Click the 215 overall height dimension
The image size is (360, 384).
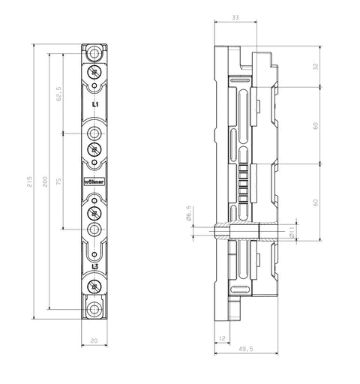[30, 181]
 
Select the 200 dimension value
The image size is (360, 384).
[45, 181]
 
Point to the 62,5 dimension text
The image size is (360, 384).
[59, 94]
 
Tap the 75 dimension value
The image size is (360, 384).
[58, 181]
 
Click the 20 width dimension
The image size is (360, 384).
[94, 340]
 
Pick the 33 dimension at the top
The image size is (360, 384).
[235, 17]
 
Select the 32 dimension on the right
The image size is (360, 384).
[316, 67]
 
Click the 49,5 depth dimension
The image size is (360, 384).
[246, 349]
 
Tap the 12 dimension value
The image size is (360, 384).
[222, 338]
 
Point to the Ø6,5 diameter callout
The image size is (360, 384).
[189, 213]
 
